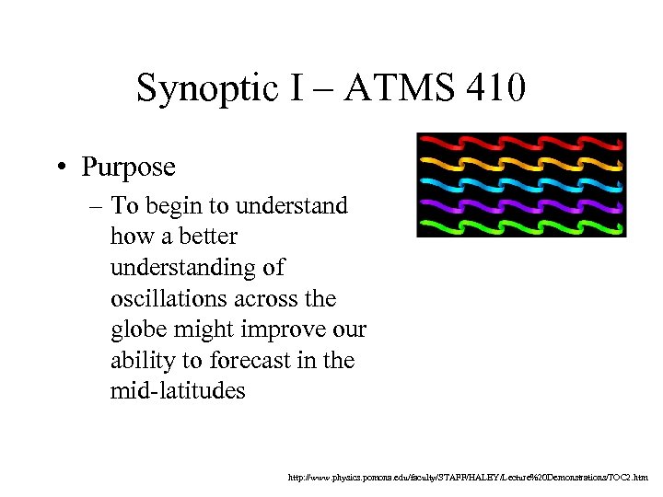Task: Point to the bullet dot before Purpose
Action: [60, 168]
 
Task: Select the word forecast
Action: [253, 361]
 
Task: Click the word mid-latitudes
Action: [178, 391]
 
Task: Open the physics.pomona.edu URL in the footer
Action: [469, 478]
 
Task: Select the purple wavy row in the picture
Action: [521, 205]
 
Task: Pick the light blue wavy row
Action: [521, 184]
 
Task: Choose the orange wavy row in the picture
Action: [521, 164]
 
